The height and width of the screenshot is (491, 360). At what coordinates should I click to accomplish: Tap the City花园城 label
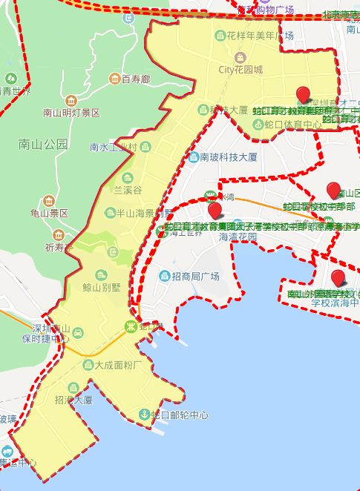(x=240, y=70)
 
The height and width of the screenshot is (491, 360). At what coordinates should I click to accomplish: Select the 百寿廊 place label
(x=136, y=79)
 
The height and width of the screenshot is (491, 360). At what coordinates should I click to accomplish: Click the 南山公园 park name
(x=42, y=145)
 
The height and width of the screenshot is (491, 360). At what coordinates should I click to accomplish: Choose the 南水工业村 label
(x=113, y=147)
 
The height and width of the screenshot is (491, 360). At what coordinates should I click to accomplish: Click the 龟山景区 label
(x=49, y=213)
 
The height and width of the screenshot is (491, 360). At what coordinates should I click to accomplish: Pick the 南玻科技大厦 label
(x=228, y=157)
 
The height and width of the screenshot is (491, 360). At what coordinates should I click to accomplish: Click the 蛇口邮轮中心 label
(x=179, y=415)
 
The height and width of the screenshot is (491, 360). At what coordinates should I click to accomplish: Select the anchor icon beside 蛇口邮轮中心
(x=144, y=414)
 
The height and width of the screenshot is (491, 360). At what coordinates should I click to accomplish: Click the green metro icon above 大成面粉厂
(x=131, y=326)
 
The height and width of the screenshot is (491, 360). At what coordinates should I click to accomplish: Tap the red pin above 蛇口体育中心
(x=302, y=94)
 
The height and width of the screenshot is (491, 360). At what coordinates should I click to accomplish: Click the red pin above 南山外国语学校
(x=338, y=278)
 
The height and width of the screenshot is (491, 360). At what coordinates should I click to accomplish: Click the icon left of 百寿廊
(x=114, y=79)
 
